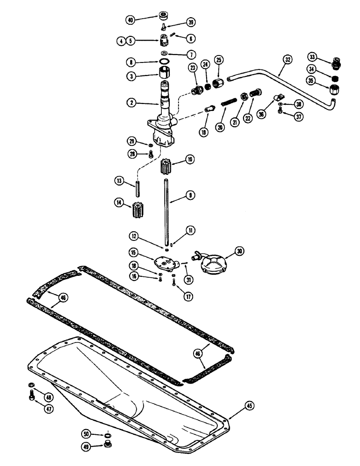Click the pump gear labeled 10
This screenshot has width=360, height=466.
pyautogui.click(x=166, y=167)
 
